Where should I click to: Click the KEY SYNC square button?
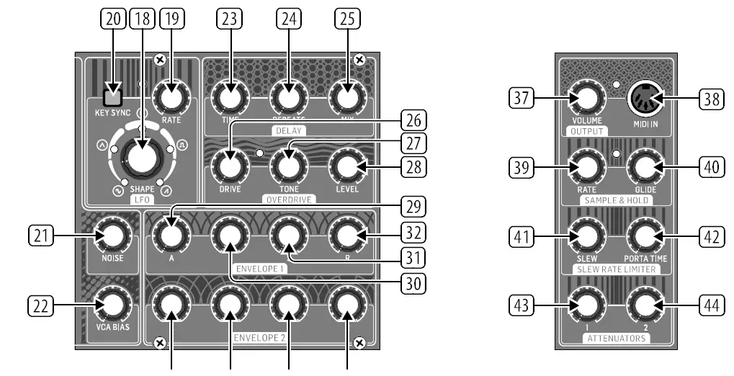[x=112, y=97]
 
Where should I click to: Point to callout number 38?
[x=712, y=99]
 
